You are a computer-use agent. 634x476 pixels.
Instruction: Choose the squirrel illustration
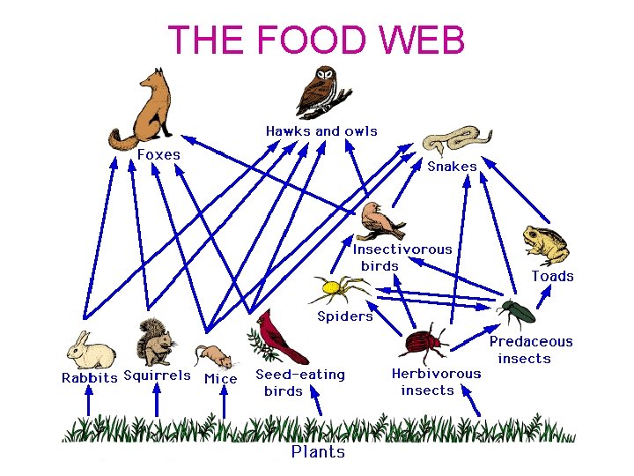click(x=157, y=343)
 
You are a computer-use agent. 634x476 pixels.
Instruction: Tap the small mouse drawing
click(x=215, y=355)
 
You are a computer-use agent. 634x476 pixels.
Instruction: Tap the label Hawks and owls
click(x=321, y=131)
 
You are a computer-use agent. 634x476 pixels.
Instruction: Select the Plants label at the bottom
click(x=318, y=452)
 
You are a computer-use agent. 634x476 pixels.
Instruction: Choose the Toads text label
click(x=552, y=277)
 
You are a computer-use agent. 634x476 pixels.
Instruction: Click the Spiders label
click(x=345, y=316)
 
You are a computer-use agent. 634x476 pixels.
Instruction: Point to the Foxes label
click(x=158, y=155)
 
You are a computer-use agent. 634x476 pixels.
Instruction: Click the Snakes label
click(x=452, y=167)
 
